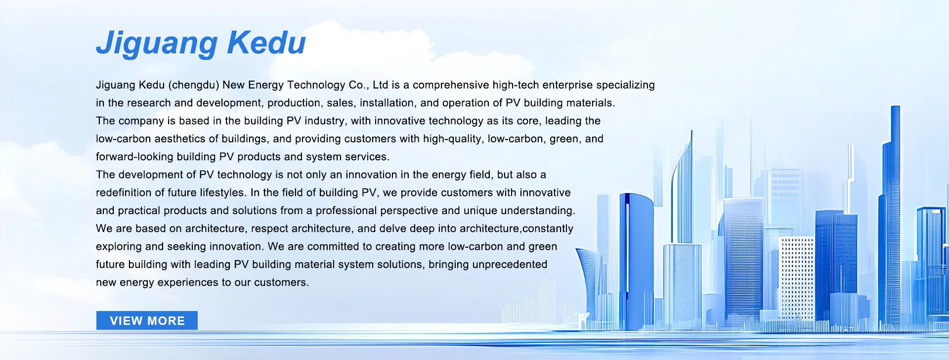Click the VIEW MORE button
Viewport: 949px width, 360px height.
147,320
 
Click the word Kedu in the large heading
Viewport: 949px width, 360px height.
266,43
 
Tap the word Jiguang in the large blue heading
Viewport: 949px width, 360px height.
157,45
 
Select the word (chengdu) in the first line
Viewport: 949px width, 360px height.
194,85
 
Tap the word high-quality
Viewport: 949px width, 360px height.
452,139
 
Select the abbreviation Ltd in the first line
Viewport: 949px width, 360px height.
381,85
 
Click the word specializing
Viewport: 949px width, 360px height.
625,85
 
